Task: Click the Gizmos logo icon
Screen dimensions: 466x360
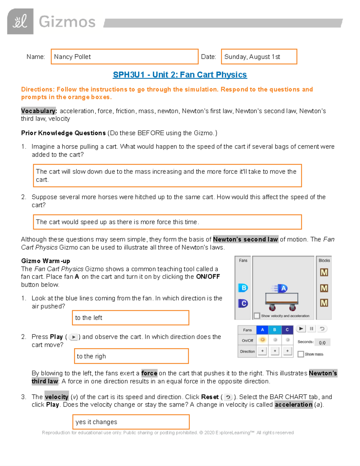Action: coord(20,22)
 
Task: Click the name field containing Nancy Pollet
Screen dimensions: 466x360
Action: coord(124,57)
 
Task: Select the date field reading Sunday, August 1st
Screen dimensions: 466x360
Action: coord(259,57)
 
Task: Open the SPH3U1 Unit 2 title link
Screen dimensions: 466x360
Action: coord(180,75)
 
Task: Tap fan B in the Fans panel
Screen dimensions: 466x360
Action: coord(243,288)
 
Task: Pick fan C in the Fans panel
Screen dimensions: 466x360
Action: coord(243,303)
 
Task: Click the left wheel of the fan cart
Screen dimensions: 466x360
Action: coord(272,308)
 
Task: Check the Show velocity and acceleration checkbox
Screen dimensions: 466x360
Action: coord(257,316)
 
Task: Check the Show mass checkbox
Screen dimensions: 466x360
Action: coord(301,354)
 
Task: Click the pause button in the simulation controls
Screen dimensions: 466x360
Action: coord(311,329)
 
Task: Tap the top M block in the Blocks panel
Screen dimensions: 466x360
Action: coord(324,272)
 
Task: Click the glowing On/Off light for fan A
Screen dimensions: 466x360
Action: coord(262,340)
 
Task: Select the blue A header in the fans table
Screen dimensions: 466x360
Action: coord(262,330)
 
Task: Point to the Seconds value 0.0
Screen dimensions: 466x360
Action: coord(322,343)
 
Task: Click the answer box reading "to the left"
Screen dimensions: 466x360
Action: coord(130,318)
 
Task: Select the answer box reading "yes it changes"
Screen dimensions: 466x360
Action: coord(131,422)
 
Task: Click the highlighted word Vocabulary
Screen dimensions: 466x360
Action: coord(38,111)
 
